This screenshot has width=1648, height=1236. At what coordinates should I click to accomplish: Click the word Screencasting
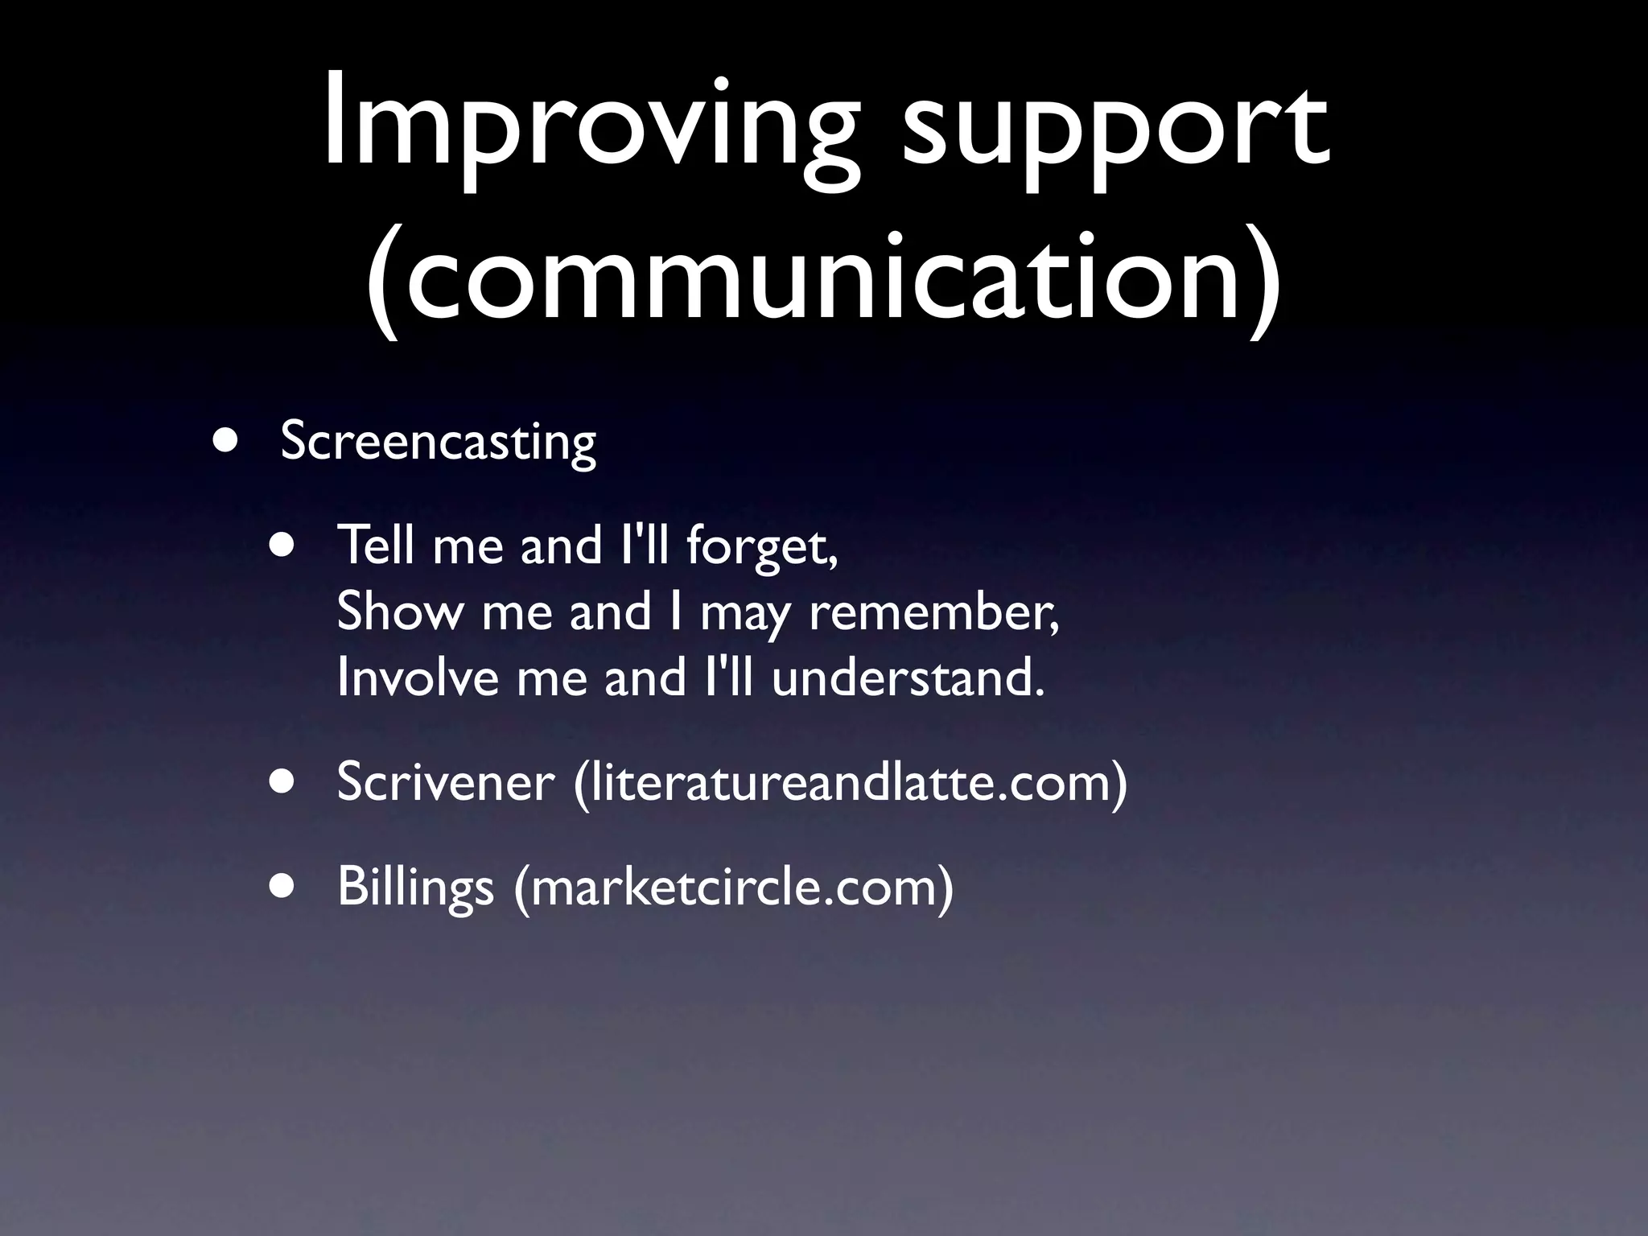[x=438, y=443]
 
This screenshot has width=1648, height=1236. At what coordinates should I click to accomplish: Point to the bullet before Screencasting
[x=226, y=441]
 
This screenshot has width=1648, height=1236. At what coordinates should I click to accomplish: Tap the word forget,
[x=762, y=547]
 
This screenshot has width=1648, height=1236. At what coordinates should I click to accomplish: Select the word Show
[x=399, y=612]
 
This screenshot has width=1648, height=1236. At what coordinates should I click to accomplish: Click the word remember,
[x=933, y=612]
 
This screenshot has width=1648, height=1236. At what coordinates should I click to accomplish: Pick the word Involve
[x=418, y=678]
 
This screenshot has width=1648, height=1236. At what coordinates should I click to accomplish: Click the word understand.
[x=908, y=678]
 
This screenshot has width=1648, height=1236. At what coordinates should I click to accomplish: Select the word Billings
[x=415, y=887]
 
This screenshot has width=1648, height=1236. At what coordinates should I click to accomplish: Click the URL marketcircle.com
[x=733, y=887]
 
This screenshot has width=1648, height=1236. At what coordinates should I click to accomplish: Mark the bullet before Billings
[x=282, y=885]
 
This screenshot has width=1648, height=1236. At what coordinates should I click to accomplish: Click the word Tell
[x=377, y=546]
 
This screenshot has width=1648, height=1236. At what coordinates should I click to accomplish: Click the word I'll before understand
[x=728, y=678]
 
